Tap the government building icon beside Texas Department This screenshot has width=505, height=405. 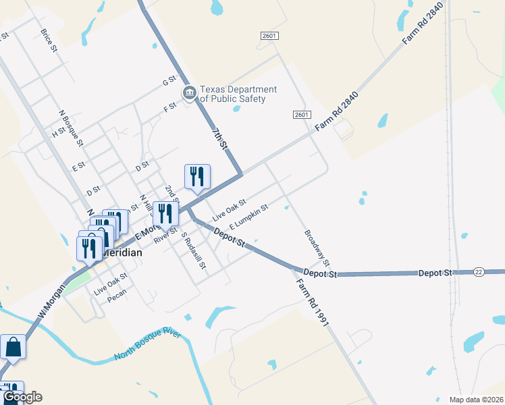[x=188, y=93]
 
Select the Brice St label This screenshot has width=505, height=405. [x=49, y=40]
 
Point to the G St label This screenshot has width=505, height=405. [x=169, y=82]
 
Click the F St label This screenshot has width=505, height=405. [x=169, y=106]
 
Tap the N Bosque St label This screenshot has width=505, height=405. [x=71, y=128]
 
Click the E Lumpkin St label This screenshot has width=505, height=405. [x=249, y=216]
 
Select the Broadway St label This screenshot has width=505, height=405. [x=317, y=248]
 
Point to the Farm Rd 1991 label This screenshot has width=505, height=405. [x=312, y=304]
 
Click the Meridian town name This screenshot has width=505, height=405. [x=122, y=252]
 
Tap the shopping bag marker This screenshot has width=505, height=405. [x=13, y=348]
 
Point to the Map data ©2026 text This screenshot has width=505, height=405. [x=476, y=400]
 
